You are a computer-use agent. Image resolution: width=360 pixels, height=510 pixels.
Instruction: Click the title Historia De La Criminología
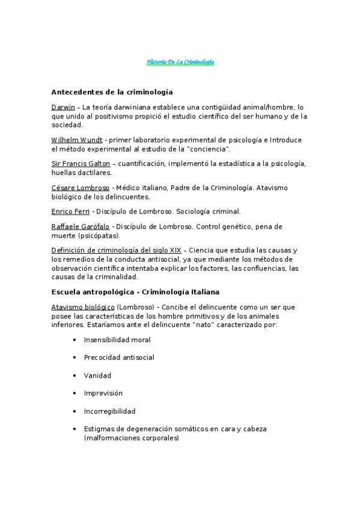[180, 63]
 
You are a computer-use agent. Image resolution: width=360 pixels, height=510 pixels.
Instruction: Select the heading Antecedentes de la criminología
[112, 92]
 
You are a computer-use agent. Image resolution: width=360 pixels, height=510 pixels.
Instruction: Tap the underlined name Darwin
[63, 107]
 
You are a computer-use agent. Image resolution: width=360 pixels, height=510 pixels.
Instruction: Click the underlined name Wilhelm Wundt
[77, 140]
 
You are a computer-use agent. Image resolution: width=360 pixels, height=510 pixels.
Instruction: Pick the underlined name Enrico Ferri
[70, 211]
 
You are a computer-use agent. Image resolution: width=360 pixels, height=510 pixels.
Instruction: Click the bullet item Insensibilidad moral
[117, 340]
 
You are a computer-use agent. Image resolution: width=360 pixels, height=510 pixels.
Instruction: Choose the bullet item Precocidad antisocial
[119, 358]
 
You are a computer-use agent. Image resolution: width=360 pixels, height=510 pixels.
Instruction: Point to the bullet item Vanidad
[97, 376]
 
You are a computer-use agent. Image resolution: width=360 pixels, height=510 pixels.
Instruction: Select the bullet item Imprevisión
[103, 393]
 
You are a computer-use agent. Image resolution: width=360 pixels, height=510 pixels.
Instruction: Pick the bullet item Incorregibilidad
[110, 411]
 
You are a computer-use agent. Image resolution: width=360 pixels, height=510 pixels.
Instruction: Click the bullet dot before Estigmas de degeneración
[74, 429]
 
